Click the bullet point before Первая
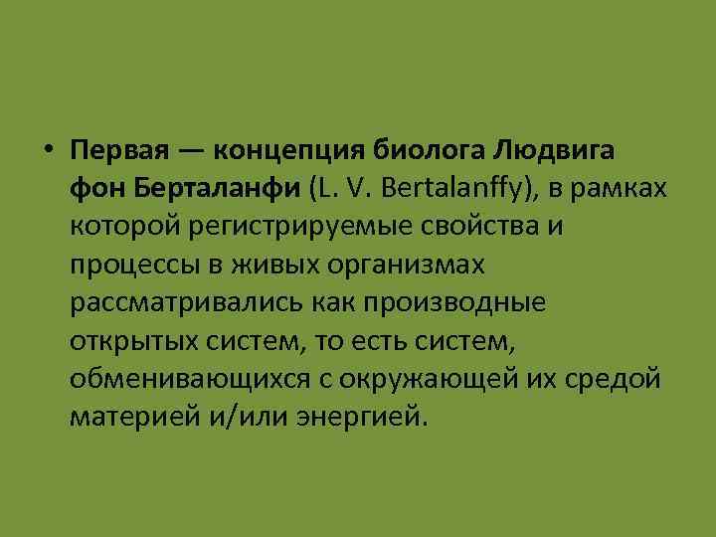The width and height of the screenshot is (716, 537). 49,150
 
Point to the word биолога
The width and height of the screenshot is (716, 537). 432,151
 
